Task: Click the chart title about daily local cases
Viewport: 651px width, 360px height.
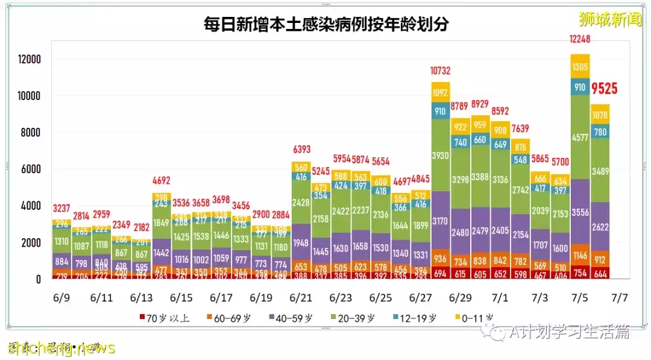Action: [325, 25]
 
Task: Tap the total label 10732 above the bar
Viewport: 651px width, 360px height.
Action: [441, 71]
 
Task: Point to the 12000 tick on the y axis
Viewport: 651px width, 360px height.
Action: [29, 59]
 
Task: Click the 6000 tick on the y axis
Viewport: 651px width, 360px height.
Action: [31, 169]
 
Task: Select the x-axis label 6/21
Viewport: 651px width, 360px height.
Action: [300, 298]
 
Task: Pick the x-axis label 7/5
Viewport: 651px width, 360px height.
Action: [580, 298]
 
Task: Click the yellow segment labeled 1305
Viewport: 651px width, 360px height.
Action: [580, 67]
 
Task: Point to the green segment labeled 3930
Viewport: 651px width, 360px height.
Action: [441, 156]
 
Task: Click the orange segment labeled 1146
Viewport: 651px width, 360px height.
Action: [580, 255]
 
